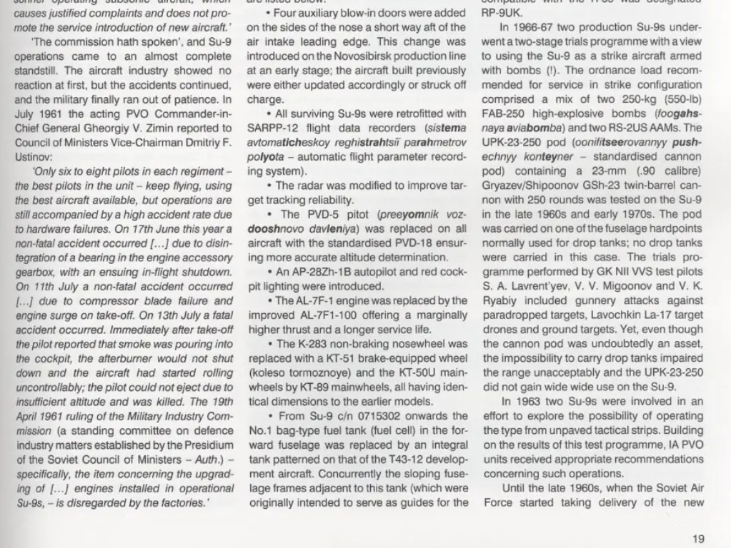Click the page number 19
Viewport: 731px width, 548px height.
[699, 539]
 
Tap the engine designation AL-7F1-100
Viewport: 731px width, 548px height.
[332, 315]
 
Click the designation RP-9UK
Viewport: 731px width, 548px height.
[502, 13]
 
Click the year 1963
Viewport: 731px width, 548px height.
[527, 402]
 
